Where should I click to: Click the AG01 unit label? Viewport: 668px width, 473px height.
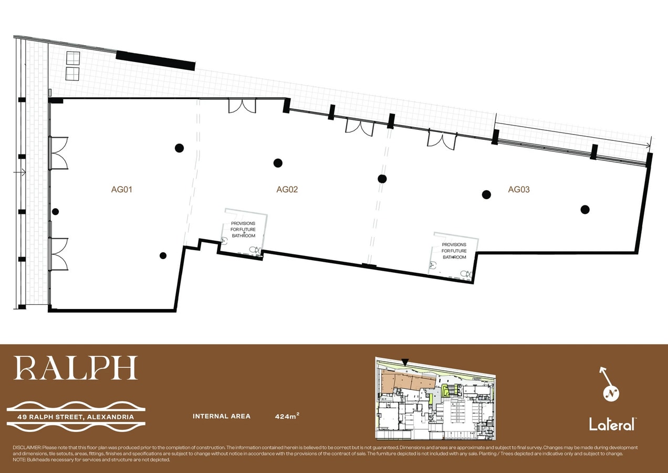click(121, 190)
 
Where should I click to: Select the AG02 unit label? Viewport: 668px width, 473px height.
click(287, 190)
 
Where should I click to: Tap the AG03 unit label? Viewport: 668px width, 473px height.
click(518, 190)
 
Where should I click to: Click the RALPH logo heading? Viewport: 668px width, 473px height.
click(76, 368)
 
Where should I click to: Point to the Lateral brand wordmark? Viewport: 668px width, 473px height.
click(612, 424)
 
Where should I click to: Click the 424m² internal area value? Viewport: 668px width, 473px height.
click(287, 416)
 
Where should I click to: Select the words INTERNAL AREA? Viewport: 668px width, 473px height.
click(221, 416)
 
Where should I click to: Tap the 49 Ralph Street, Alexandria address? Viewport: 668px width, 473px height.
click(75, 417)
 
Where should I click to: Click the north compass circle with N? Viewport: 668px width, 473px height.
click(611, 393)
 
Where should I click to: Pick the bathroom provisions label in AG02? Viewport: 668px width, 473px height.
click(243, 230)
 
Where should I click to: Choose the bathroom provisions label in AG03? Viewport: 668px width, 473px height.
click(454, 251)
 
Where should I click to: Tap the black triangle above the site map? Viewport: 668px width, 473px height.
click(404, 362)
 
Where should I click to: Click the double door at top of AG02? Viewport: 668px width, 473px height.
click(242, 106)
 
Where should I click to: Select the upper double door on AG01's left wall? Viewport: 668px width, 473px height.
click(59, 152)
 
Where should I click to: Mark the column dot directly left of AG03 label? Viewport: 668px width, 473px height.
click(486, 194)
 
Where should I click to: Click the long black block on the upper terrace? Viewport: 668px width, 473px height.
click(155, 60)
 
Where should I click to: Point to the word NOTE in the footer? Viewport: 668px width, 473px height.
click(19, 459)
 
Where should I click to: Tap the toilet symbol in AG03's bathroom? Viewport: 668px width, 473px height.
click(465, 274)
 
